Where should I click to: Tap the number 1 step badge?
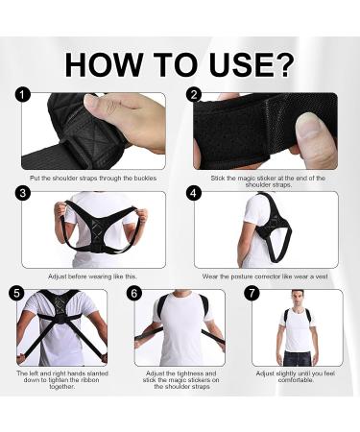click(x=24, y=96)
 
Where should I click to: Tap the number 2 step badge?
click(x=195, y=96)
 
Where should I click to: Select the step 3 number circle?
click(x=24, y=194)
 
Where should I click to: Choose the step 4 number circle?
click(x=195, y=194)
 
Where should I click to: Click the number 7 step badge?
click(x=252, y=292)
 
